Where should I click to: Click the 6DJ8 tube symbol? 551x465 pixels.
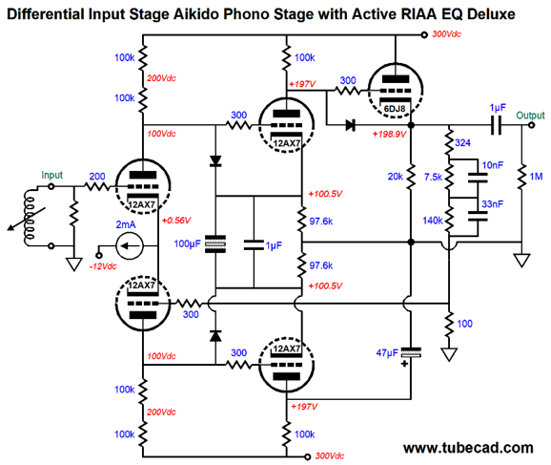click(x=396, y=90)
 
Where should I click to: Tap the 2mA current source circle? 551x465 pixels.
click(x=130, y=245)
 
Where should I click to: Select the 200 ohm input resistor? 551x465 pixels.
click(x=97, y=186)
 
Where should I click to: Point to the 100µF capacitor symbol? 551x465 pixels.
click(x=215, y=243)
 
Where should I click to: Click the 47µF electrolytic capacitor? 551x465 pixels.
click(x=411, y=352)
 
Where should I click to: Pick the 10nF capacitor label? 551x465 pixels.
click(x=492, y=165)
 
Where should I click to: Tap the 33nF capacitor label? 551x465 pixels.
click(x=492, y=203)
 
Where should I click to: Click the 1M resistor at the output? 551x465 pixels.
click(x=521, y=177)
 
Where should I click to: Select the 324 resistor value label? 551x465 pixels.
click(x=462, y=142)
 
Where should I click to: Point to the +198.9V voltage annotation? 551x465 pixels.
click(x=389, y=134)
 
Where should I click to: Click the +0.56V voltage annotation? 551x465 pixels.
click(x=176, y=221)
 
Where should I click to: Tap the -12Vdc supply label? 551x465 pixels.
click(x=103, y=266)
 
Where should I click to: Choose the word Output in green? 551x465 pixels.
click(x=530, y=116)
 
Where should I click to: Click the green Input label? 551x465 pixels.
click(x=52, y=175)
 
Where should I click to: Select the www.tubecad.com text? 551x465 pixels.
click(x=468, y=448)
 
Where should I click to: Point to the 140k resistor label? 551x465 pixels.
click(x=433, y=221)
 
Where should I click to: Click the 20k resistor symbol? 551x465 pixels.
click(x=411, y=177)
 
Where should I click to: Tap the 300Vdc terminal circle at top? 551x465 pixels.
click(x=424, y=34)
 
